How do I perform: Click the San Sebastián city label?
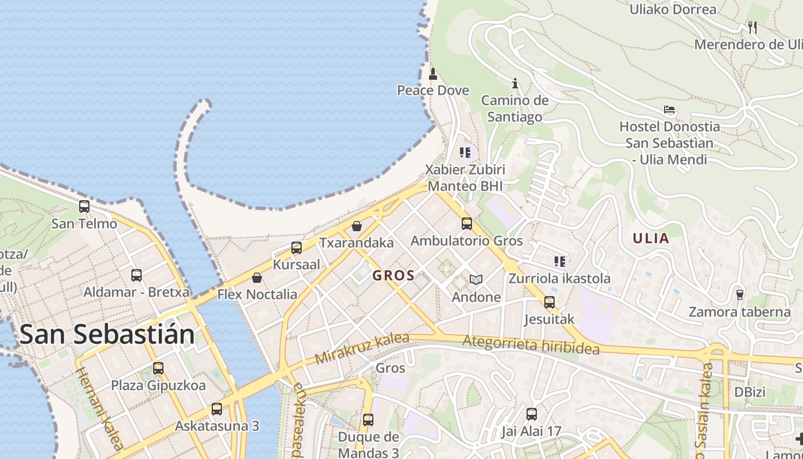point(107,334)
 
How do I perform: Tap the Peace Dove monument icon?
point(433,74)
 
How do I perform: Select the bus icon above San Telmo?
point(84,207)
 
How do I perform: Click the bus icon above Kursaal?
point(297,248)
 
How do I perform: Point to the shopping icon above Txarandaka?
point(357,226)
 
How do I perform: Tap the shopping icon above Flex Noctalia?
point(257,278)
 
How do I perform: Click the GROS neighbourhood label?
point(393,275)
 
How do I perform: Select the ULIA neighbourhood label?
point(651,238)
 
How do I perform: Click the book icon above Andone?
point(476,280)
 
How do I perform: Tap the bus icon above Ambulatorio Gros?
point(467,224)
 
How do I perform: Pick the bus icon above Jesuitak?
point(549,302)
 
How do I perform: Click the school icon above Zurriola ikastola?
point(560,262)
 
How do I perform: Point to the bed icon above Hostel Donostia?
point(669,110)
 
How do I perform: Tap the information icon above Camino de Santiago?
point(515,84)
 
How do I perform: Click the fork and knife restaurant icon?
point(753,26)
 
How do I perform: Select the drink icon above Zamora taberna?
point(740,295)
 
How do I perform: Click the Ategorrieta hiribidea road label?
point(531,345)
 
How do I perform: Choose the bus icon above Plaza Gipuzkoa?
point(158,368)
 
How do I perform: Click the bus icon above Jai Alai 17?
point(532,414)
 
